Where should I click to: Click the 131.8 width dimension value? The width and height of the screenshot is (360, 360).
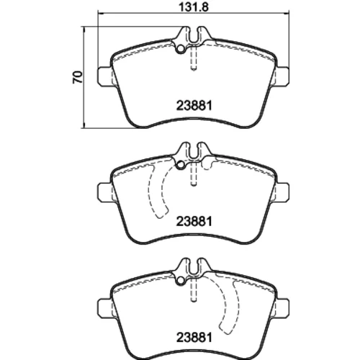194,6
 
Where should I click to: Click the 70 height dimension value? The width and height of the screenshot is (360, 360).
78,77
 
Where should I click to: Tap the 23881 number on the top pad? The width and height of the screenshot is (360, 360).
194,105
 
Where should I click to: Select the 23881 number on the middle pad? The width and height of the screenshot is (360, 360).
194,221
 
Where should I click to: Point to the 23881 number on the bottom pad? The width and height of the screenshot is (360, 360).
194,338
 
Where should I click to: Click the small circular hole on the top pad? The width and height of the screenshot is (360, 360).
181,49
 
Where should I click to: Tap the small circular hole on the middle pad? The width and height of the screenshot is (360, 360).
181,165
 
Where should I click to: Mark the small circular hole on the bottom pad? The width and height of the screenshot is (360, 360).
181,281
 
